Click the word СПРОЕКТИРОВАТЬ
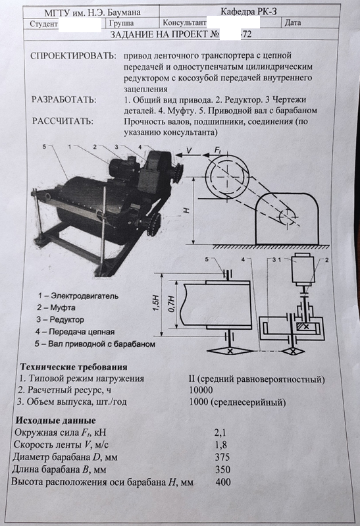tap(73, 56)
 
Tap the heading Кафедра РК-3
tap(249, 12)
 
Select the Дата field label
tap(293, 23)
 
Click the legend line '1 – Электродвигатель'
tap(78, 296)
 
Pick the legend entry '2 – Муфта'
tap(56, 307)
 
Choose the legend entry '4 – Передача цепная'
tap(75, 332)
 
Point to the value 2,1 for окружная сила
tap(220, 433)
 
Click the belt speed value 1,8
tap(220, 445)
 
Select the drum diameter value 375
tap(222, 457)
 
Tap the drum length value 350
tap(222, 469)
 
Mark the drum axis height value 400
tap(223, 482)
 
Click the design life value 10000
tap(201, 390)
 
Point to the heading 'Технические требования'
tap(74, 367)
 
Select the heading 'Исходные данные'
tap(56, 420)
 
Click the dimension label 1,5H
tap(157, 304)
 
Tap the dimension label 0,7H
tap(171, 304)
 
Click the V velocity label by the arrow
tap(190, 151)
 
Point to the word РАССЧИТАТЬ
tap(63, 121)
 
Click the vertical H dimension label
tap(187, 210)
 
